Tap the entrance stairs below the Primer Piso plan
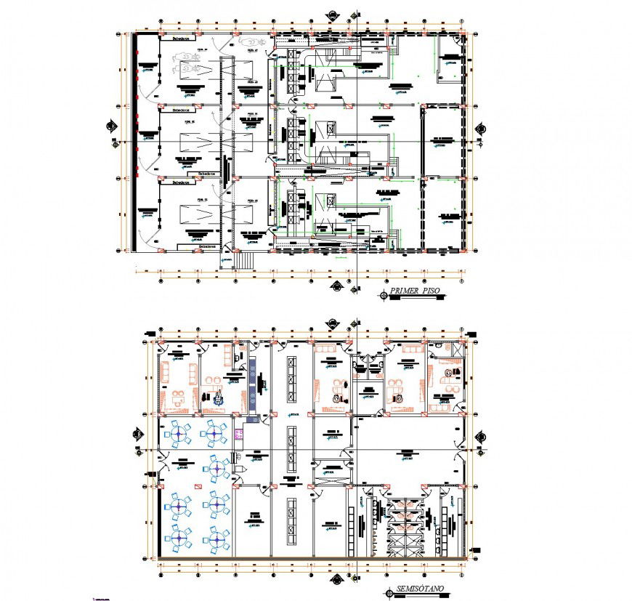coord(243,260)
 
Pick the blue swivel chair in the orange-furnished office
coord(218,397)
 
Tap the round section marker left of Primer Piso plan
coord(113,126)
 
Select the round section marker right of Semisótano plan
coord(481,436)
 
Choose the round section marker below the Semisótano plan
coord(338,581)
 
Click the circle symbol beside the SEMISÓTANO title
coord(391,593)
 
